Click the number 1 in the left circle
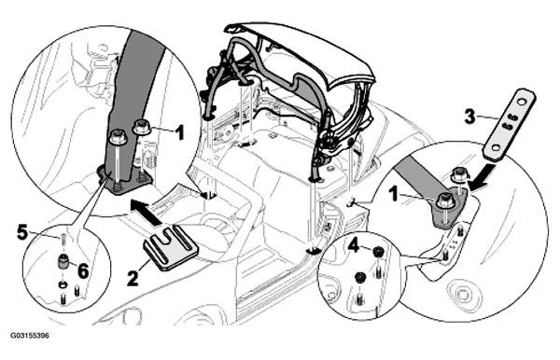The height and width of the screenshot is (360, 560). point(179,132)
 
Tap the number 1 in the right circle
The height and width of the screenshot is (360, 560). point(393,195)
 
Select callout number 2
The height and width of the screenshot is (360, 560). point(133,278)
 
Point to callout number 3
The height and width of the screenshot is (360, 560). point(470,116)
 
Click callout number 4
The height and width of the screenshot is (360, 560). point(353,245)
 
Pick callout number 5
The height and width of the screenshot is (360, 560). point(22,233)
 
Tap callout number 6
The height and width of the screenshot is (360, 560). point(83,271)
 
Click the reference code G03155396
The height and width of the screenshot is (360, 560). point(30,336)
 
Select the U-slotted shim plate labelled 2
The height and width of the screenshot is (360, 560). point(171,247)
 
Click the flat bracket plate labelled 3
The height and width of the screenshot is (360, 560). point(510,124)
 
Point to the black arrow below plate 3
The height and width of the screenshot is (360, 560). point(483,178)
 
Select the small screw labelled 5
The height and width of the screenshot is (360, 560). point(63,239)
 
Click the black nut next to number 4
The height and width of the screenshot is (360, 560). point(377,252)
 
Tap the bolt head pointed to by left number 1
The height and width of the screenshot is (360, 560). point(142,127)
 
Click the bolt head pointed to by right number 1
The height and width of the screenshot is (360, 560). point(445,201)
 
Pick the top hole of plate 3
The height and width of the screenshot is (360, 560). point(522,102)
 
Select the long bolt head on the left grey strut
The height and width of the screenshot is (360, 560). point(118,138)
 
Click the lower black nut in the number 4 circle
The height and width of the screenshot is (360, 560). point(360,276)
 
